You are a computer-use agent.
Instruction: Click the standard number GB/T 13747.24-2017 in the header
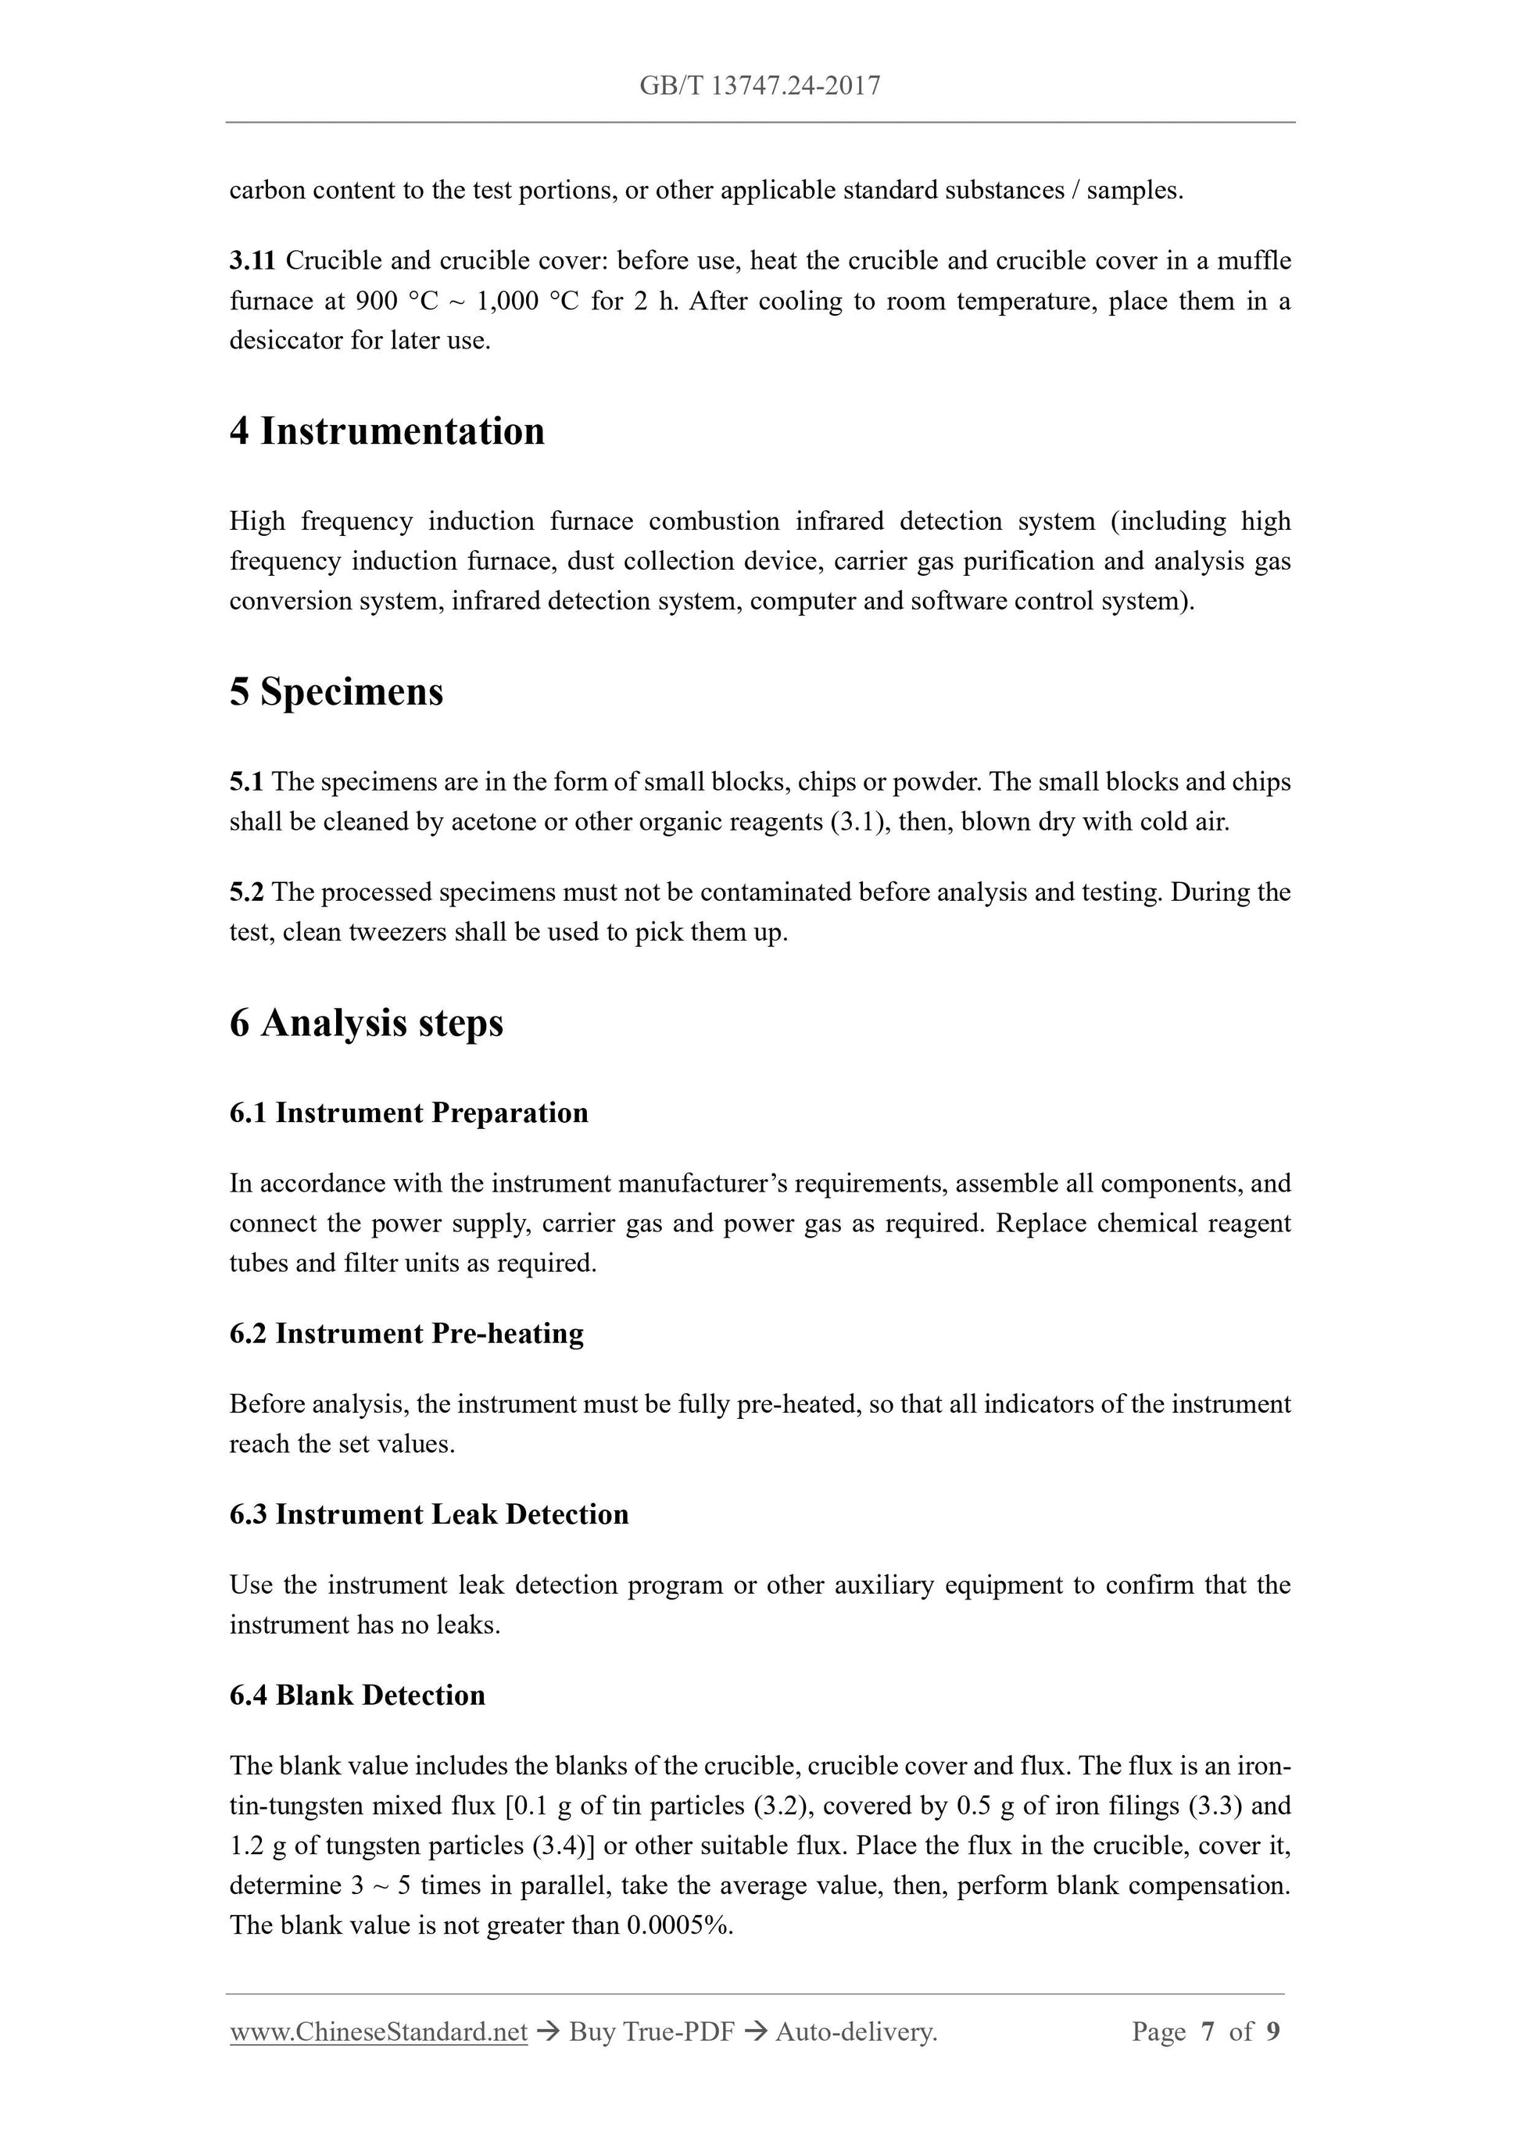click(x=760, y=86)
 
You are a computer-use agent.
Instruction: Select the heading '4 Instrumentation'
click(x=387, y=432)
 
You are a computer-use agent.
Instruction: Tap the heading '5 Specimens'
click(x=336, y=692)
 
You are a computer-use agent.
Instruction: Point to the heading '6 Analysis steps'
click(x=367, y=1022)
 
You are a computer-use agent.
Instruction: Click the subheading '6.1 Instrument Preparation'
click(x=409, y=1113)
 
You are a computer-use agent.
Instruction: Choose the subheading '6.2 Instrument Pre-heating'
click(x=406, y=1333)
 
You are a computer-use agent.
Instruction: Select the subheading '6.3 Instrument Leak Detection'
click(x=429, y=1515)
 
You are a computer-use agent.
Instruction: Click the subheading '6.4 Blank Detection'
click(x=357, y=1695)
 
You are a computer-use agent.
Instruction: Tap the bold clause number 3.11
click(x=252, y=260)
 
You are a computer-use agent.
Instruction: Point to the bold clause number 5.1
click(x=246, y=781)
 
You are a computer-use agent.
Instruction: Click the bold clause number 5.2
click(x=246, y=891)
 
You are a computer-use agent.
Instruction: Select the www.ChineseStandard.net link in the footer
click(x=378, y=2032)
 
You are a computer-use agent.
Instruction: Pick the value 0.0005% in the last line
click(x=679, y=1925)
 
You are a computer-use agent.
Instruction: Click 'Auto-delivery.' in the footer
click(x=857, y=2032)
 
